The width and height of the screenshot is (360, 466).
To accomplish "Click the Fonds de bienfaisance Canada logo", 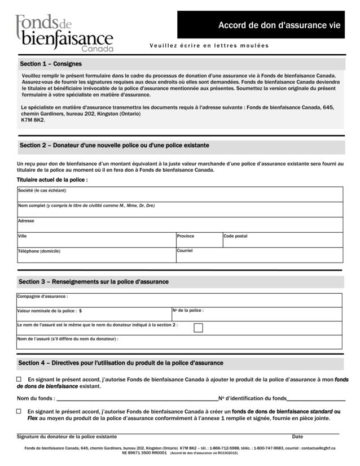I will click(64, 33).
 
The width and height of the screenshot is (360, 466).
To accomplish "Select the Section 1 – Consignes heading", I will click(51, 64).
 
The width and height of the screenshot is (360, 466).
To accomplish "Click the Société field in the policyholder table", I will click(180, 195).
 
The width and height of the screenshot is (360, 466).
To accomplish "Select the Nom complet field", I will click(180, 210).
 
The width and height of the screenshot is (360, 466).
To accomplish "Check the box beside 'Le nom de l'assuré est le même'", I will click(198, 328).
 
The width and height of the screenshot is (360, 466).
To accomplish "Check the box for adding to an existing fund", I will click(19, 380).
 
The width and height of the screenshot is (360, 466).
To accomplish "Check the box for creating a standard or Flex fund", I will click(19, 412).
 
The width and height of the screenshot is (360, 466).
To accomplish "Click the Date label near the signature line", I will click(297, 437).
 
